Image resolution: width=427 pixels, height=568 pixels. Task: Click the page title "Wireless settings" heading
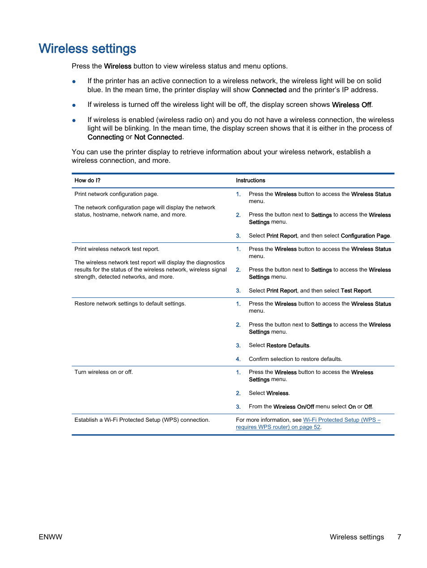[87, 48]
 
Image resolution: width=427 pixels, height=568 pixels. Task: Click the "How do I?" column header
[87, 181]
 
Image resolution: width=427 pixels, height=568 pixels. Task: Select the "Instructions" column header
[250, 181]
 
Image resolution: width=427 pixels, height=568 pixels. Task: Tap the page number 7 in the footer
[399, 537]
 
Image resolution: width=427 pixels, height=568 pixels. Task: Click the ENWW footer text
[50, 537]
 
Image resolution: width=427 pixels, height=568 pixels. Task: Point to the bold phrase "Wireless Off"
[351, 105]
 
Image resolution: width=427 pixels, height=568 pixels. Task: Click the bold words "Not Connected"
[158, 137]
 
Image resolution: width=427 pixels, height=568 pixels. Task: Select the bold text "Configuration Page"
[365, 236]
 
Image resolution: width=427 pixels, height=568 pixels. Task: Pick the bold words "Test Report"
[355, 291]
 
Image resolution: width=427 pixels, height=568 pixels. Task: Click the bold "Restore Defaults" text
[287, 346]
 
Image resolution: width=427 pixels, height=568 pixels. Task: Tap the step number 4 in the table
[238, 359]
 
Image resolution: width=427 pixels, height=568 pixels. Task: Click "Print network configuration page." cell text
[116, 194]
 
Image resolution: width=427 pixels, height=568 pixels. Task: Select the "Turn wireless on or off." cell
[103, 372]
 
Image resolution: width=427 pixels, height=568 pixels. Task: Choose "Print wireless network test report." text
[117, 249]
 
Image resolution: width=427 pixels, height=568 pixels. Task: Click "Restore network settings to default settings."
[130, 304]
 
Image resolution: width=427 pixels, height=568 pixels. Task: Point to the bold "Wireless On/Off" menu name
[293, 407]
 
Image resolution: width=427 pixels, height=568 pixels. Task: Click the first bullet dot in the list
[74, 81]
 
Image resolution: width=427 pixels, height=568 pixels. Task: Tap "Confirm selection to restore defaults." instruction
[295, 359]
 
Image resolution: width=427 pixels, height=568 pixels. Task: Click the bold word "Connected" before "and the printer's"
[269, 90]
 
